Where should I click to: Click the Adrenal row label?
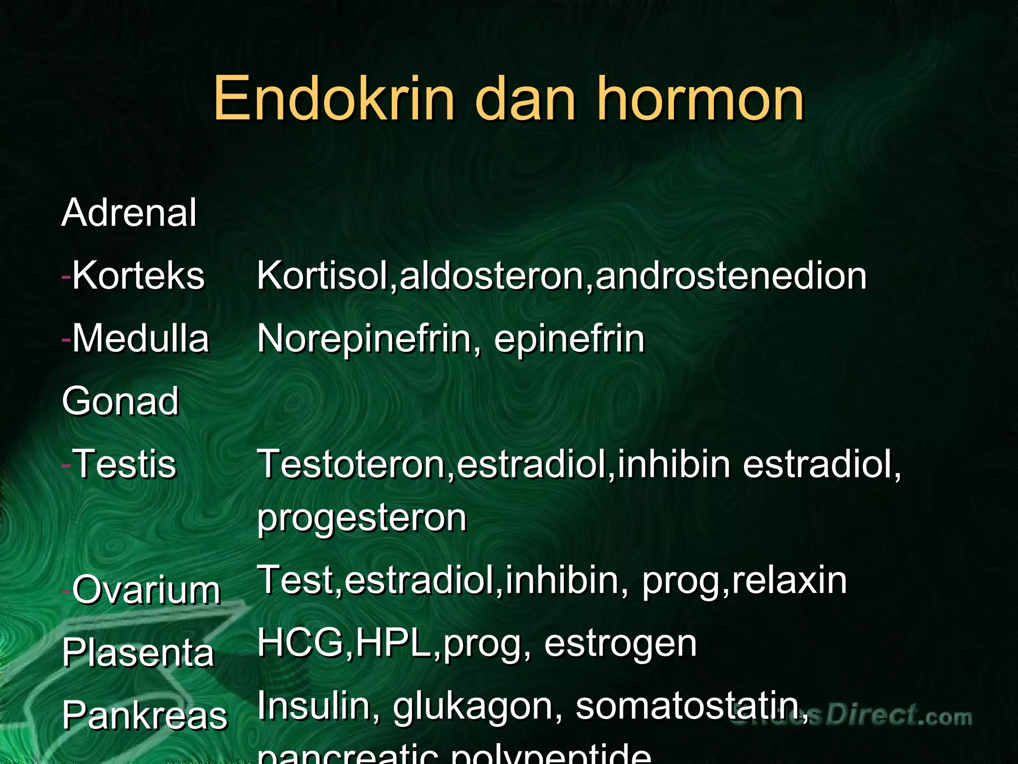click(x=129, y=213)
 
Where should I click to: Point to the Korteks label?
click(x=138, y=276)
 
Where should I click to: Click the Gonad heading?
click(x=120, y=401)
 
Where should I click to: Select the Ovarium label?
click(x=146, y=590)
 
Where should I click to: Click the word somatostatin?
click(x=691, y=706)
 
